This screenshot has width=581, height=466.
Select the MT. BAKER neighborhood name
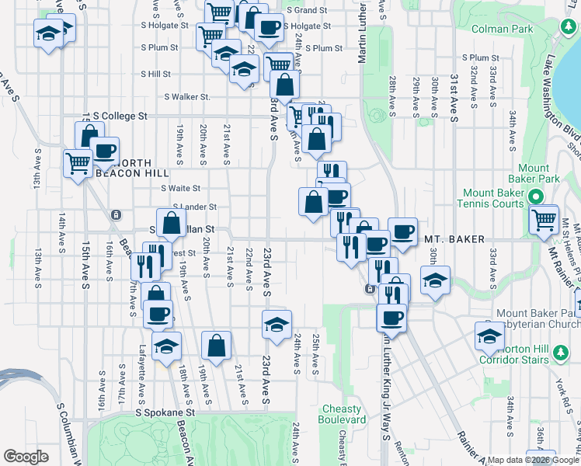coord(454,239)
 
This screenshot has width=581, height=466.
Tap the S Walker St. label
coord(186,97)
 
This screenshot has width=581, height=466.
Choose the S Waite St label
coord(180,188)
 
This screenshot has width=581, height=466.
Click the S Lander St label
coord(194,207)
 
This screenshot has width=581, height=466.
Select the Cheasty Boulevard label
coord(342,414)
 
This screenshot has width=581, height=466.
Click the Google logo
coord(26,457)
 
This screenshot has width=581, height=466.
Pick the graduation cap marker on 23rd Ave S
coord(276,325)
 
